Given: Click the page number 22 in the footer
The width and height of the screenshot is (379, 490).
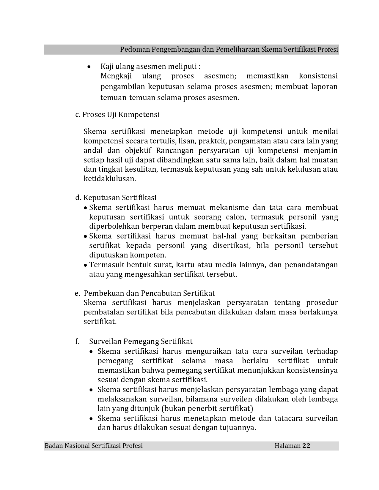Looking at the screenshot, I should click(306, 445).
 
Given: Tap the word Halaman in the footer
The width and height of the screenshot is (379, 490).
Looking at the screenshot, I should click(287, 445).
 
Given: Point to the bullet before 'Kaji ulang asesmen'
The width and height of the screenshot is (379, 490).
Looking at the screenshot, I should click(89, 67).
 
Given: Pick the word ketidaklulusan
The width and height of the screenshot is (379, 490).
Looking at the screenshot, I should click(109, 179).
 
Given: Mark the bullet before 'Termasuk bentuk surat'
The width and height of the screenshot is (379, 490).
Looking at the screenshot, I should click(85, 265).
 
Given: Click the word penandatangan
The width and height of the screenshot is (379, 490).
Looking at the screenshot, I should click(311, 265).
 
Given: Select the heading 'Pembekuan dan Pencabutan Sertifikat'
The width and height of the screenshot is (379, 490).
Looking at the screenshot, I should click(149, 293).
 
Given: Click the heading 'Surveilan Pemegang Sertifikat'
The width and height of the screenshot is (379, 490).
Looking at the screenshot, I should click(141, 342).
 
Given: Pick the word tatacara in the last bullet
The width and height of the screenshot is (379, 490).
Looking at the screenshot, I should click(283, 418).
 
